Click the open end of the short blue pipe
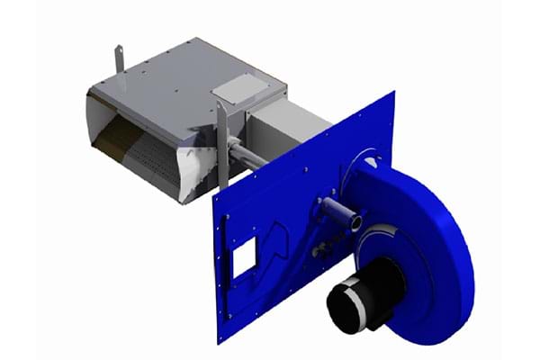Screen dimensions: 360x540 coord(357,220)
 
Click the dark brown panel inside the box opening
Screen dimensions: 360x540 coord(112,135)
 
